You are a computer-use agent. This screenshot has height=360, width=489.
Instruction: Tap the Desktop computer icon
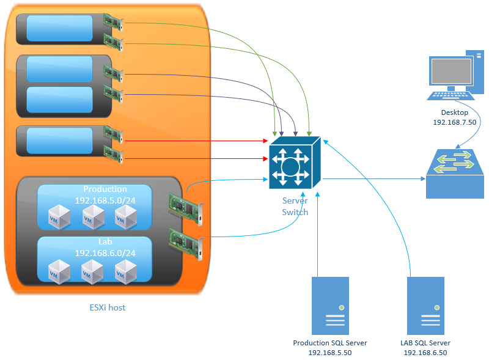point(453,76)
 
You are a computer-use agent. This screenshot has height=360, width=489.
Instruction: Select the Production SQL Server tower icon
point(330,304)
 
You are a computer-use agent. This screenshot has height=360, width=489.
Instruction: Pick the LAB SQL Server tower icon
point(425,304)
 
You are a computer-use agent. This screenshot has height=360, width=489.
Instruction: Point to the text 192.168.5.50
point(330,353)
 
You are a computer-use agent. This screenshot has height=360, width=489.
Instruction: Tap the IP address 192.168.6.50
point(425,353)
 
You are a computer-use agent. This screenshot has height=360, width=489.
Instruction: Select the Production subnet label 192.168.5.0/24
point(105,199)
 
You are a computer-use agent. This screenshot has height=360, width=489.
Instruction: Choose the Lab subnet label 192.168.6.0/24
point(105,252)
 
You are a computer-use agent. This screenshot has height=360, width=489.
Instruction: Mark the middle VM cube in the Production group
point(94,216)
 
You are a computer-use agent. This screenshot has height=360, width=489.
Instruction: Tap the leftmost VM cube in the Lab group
point(60,271)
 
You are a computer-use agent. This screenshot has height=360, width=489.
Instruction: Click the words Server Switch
point(295,206)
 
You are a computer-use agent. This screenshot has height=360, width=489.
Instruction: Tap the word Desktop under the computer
point(454,112)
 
